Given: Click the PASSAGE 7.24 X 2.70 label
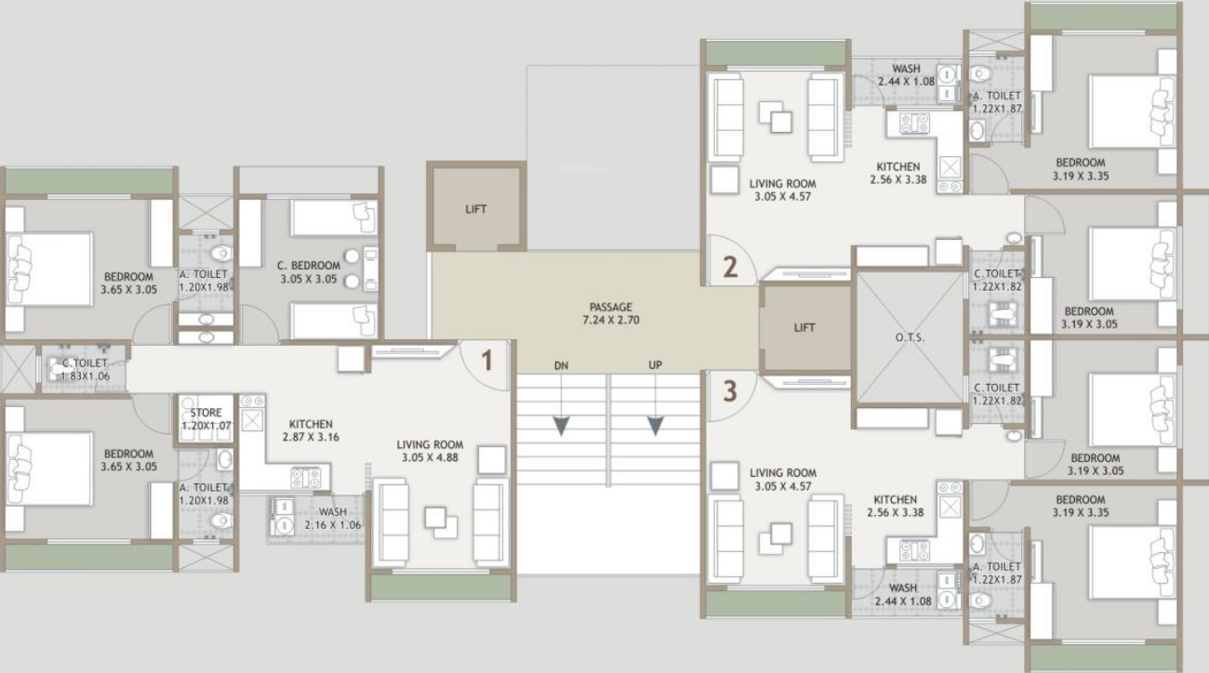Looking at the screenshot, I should point(610,313).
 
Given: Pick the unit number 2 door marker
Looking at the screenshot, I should point(730,268).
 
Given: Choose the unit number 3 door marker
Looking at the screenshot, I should point(730,390).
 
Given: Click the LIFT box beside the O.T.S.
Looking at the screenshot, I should point(805,328).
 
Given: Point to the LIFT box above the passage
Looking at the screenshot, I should point(476,209).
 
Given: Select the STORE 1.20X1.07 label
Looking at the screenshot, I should point(205,419).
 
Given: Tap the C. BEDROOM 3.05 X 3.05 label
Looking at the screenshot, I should point(309,271).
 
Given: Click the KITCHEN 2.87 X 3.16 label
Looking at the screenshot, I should point(310,429).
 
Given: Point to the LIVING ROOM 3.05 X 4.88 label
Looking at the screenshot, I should point(429,451).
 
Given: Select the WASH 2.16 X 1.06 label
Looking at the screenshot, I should point(332,519).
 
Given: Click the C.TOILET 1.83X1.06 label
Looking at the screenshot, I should point(85,369).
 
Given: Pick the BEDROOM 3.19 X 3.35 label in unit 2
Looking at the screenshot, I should point(1080,168).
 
